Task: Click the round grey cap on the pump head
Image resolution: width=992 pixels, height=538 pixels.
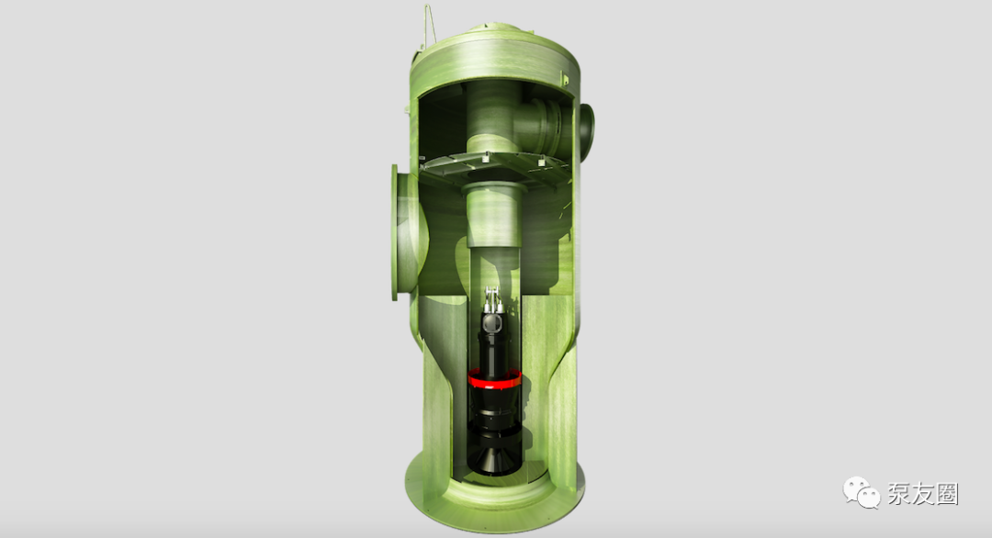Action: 490,323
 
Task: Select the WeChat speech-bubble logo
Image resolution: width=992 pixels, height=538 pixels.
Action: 861,492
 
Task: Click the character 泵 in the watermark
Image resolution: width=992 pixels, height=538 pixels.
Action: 899,494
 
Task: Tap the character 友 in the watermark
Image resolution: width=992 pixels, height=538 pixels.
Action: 923,494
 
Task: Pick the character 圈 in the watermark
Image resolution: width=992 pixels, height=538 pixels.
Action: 947,494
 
